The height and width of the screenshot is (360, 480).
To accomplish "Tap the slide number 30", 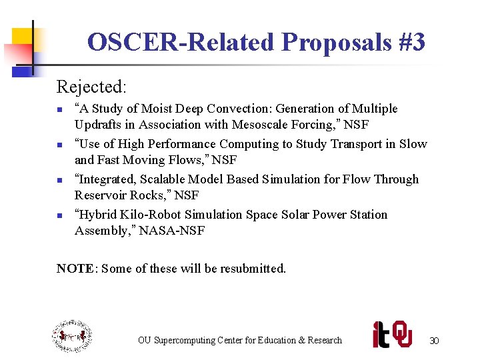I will (434, 341).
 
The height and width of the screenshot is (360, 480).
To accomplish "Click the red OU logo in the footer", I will (401, 334).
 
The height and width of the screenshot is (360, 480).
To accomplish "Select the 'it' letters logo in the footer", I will (381, 335).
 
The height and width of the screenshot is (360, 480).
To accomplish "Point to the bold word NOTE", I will (76, 269).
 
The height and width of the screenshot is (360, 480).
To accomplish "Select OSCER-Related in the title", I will (181, 43).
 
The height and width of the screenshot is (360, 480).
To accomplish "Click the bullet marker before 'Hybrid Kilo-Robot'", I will (59, 215).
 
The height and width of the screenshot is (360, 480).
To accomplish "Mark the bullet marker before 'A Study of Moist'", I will (59, 109).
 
